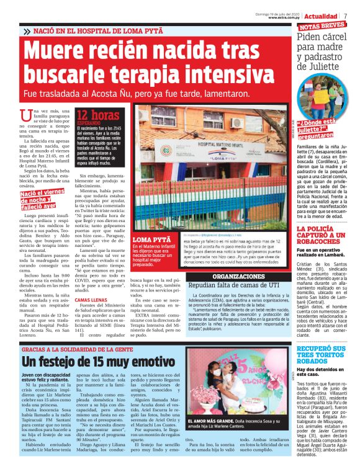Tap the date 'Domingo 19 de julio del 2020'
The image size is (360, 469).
pyautogui.click(x=280, y=12)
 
